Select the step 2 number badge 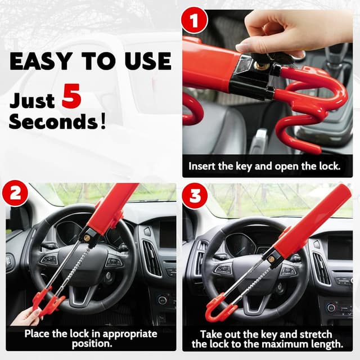click(15, 194)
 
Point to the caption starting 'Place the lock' click(90, 338)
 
